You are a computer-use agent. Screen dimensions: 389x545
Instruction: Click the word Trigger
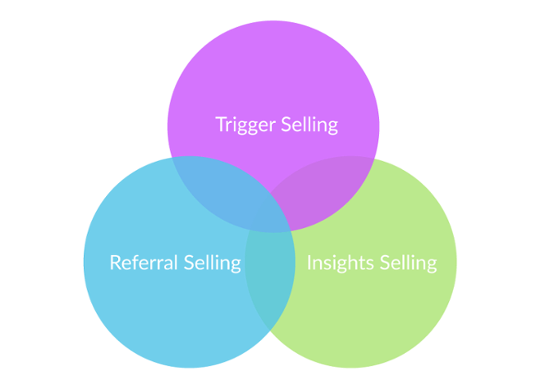244,125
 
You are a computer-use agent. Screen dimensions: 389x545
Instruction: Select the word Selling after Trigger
309,125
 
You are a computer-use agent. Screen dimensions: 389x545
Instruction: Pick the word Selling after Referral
212,263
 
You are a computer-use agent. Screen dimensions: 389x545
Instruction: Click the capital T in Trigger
220,125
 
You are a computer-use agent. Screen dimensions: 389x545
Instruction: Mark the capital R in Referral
114,263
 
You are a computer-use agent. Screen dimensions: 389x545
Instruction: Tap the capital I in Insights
309,263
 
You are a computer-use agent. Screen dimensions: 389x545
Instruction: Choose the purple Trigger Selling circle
273,73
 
